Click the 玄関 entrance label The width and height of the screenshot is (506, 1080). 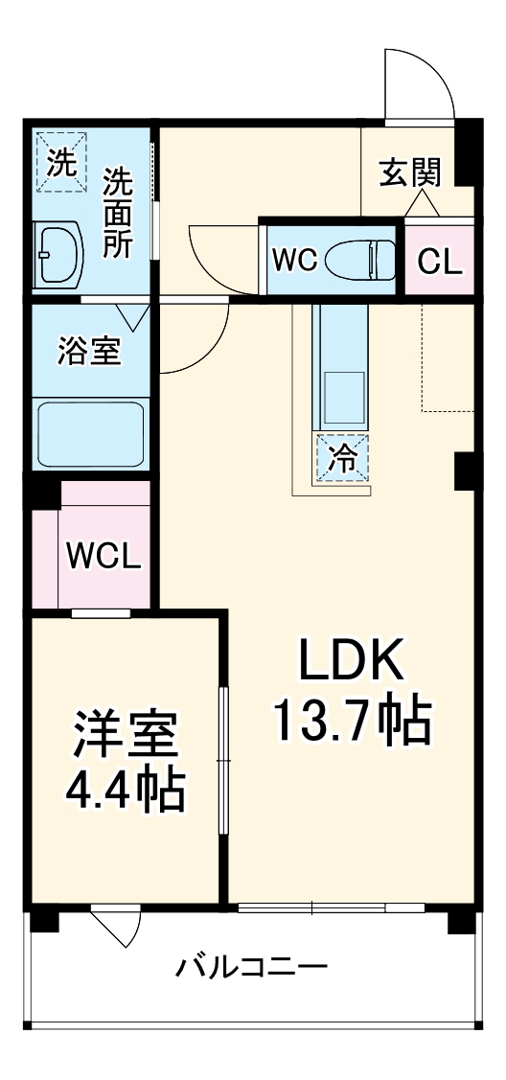(x=410, y=173)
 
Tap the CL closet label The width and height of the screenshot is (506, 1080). (x=441, y=261)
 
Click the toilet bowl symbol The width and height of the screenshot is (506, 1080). (x=358, y=259)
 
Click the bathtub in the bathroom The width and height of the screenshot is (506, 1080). (x=90, y=433)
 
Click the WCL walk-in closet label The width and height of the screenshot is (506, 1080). (x=104, y=556)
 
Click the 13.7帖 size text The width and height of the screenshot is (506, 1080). (x=353, y=721)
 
